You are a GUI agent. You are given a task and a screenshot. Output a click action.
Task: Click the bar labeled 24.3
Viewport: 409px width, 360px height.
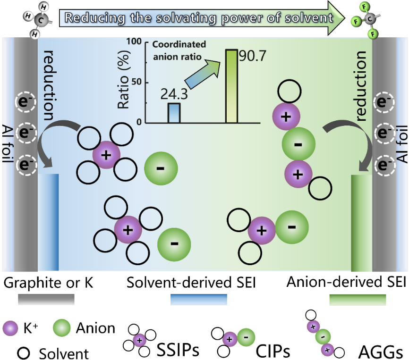click(x=174, y=113)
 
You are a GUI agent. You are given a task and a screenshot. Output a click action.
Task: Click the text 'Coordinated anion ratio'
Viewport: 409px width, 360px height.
click(x=179, y=49)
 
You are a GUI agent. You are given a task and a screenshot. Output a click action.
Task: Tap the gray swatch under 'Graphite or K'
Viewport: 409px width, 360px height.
click(x=46, y=299)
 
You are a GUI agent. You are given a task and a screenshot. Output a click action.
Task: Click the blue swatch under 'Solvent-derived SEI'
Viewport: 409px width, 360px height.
click(x=198, y=299)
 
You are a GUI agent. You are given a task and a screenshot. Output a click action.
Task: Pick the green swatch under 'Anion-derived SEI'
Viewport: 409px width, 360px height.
click(x=358, y=299)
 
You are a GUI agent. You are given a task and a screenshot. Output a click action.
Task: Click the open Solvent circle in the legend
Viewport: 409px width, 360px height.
click(x=22, y=352)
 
